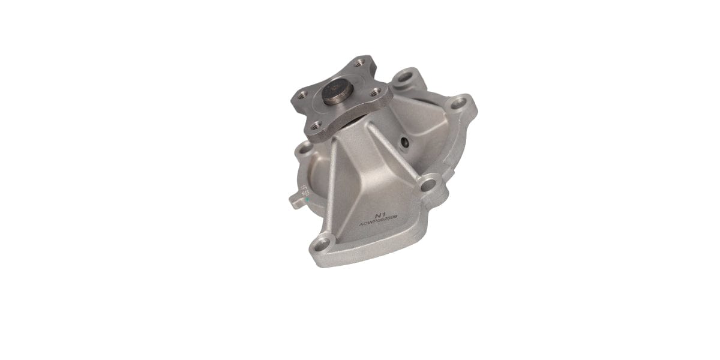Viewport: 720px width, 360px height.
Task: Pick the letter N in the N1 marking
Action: [x=377, y=215]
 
